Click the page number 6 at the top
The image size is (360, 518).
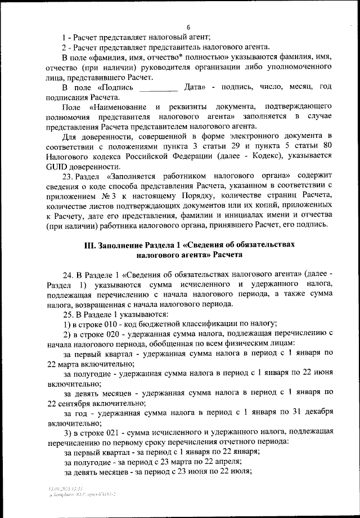(188, 28)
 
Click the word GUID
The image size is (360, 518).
(59, 167)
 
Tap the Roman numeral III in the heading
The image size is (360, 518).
(90, 246)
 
